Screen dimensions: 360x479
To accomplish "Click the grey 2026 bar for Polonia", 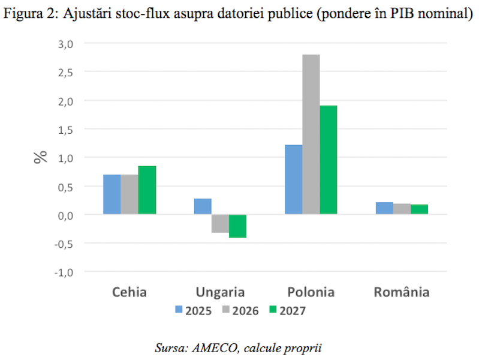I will pyautogui.click(x=311, y=134).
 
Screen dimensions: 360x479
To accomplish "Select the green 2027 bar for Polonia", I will pyautogui.click(x=329, y=160).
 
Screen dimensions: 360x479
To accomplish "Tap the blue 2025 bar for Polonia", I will pyautogui.click(x=294, y=179).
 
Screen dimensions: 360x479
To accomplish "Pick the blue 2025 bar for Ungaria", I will pyautogui.click(x=203, y=206).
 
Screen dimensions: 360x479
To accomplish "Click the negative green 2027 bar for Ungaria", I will pyautogui.click(x=237, y=226).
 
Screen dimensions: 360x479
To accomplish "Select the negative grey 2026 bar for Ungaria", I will pyautogui.click(x=220, y=223).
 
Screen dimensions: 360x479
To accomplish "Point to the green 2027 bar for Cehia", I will pyautogui.click(x=147, y=190).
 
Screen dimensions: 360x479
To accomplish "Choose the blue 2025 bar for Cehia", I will pyautogui.click(x=112, y=194).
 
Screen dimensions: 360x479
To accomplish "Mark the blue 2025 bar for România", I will pyautogui.click(x=384, y=208).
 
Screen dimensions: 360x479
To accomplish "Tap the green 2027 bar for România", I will pyautogui.click(x=419, y=209).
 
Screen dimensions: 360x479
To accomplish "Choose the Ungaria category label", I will pyautogui.click(x=220, y=293).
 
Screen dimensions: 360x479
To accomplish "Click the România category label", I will pyautogui.click(x=401, y=292).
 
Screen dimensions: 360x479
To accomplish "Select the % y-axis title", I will pyautogui.click(x=40, y=157).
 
